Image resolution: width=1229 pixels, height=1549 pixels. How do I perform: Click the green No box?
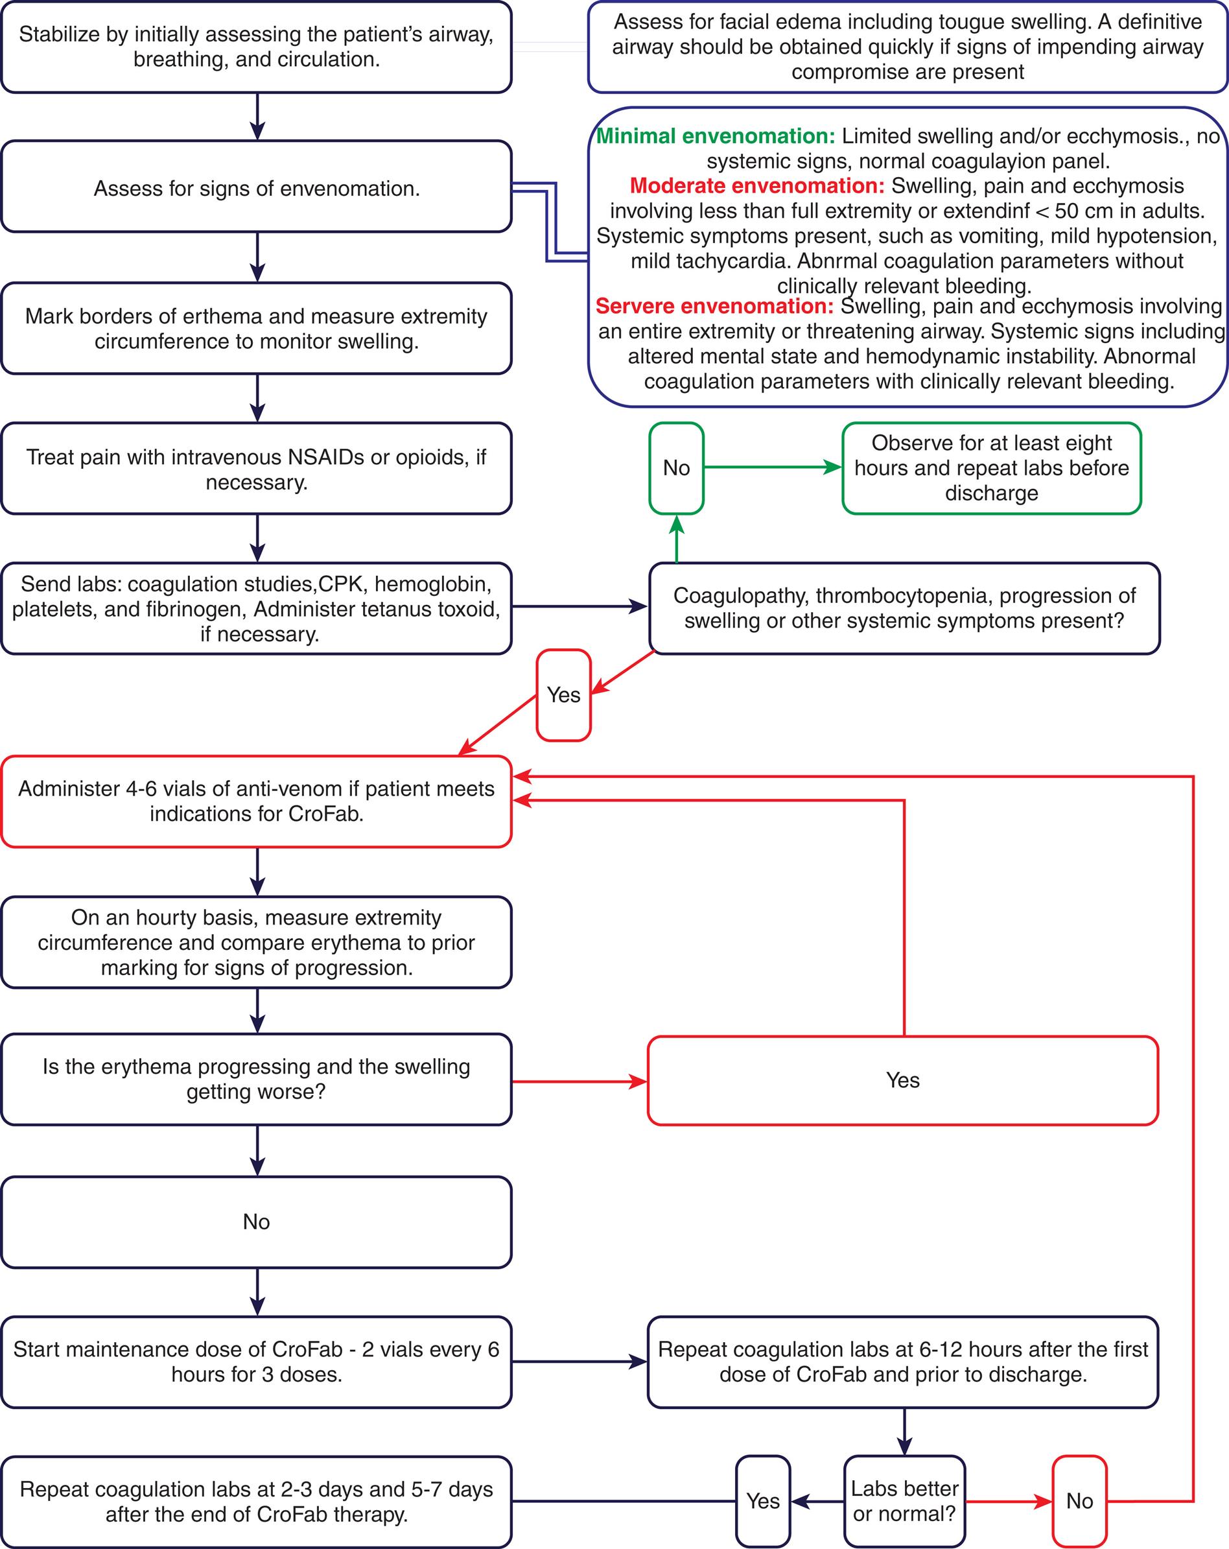tap(676, 467)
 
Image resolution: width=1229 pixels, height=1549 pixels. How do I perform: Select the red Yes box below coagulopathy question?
tap(563, 695)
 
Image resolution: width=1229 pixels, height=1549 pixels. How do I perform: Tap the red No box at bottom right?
tap(1079, 1501)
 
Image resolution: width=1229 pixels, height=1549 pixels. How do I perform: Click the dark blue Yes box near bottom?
tap(762, 1501)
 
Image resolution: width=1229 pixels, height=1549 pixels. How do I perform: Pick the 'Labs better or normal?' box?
tap(904, 1501)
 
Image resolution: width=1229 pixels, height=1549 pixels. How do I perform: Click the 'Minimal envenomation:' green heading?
tap(716, 136)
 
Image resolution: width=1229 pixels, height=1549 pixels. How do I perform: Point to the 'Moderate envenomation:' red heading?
tap(757, 185)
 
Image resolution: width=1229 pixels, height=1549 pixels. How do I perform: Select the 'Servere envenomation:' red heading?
tap(714, 306)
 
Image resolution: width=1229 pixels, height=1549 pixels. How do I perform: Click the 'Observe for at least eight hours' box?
tap(991, 467)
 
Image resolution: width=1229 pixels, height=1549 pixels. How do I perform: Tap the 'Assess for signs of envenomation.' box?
tap(257, 188)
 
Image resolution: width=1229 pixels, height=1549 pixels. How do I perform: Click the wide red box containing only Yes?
tap(902, 1080)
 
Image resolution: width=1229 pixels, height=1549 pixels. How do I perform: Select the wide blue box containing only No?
tap(257, 1222)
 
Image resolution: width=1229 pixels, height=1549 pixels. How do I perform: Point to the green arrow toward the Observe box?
tap(772, 467)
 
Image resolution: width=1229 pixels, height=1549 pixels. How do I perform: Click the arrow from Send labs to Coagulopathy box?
tap(579, 606)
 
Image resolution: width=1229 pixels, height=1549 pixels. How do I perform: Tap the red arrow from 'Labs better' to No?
tap(1008, 1501)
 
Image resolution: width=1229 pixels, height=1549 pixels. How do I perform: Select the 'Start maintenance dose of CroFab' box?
tap(257, 1362)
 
